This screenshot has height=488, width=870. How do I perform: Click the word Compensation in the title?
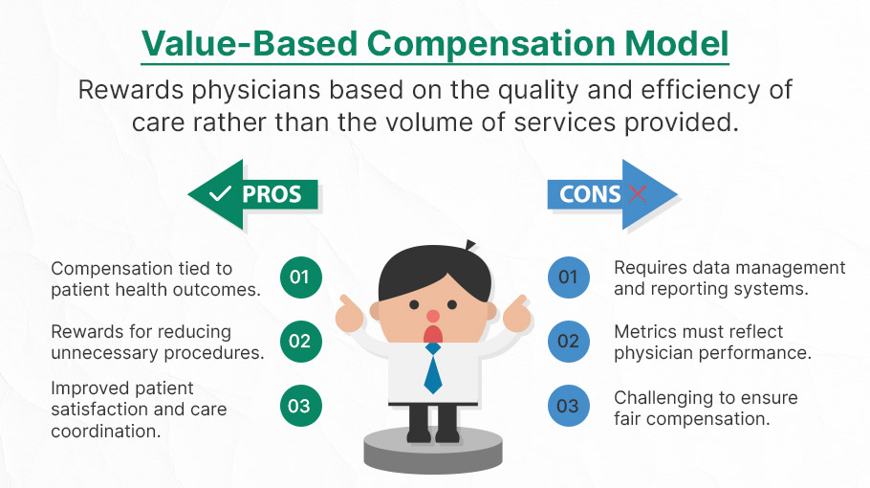[490, 44]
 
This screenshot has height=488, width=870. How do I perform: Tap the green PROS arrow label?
[253, 194]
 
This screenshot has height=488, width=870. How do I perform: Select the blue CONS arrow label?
[613, 194]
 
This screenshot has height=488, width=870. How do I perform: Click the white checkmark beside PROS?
[220, 193]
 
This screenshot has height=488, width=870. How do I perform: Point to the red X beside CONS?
[638, 193]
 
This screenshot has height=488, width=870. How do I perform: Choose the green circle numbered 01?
[301, 277]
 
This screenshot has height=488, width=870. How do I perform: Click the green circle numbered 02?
[301, 341]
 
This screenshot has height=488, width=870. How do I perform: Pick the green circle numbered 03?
[301, 406]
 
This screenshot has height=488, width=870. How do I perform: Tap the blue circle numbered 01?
[568, 277]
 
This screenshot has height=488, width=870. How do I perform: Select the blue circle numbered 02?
[568, 341]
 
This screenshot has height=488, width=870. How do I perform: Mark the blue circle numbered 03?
[568, 406]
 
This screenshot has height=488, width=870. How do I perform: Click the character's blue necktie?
[433, 368]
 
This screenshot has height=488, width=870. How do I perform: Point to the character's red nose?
[433, 317]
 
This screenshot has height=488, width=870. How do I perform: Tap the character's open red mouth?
[433, 334]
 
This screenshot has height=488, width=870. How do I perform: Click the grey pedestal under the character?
[433, 450]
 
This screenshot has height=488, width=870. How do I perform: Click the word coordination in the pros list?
[105, 432]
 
